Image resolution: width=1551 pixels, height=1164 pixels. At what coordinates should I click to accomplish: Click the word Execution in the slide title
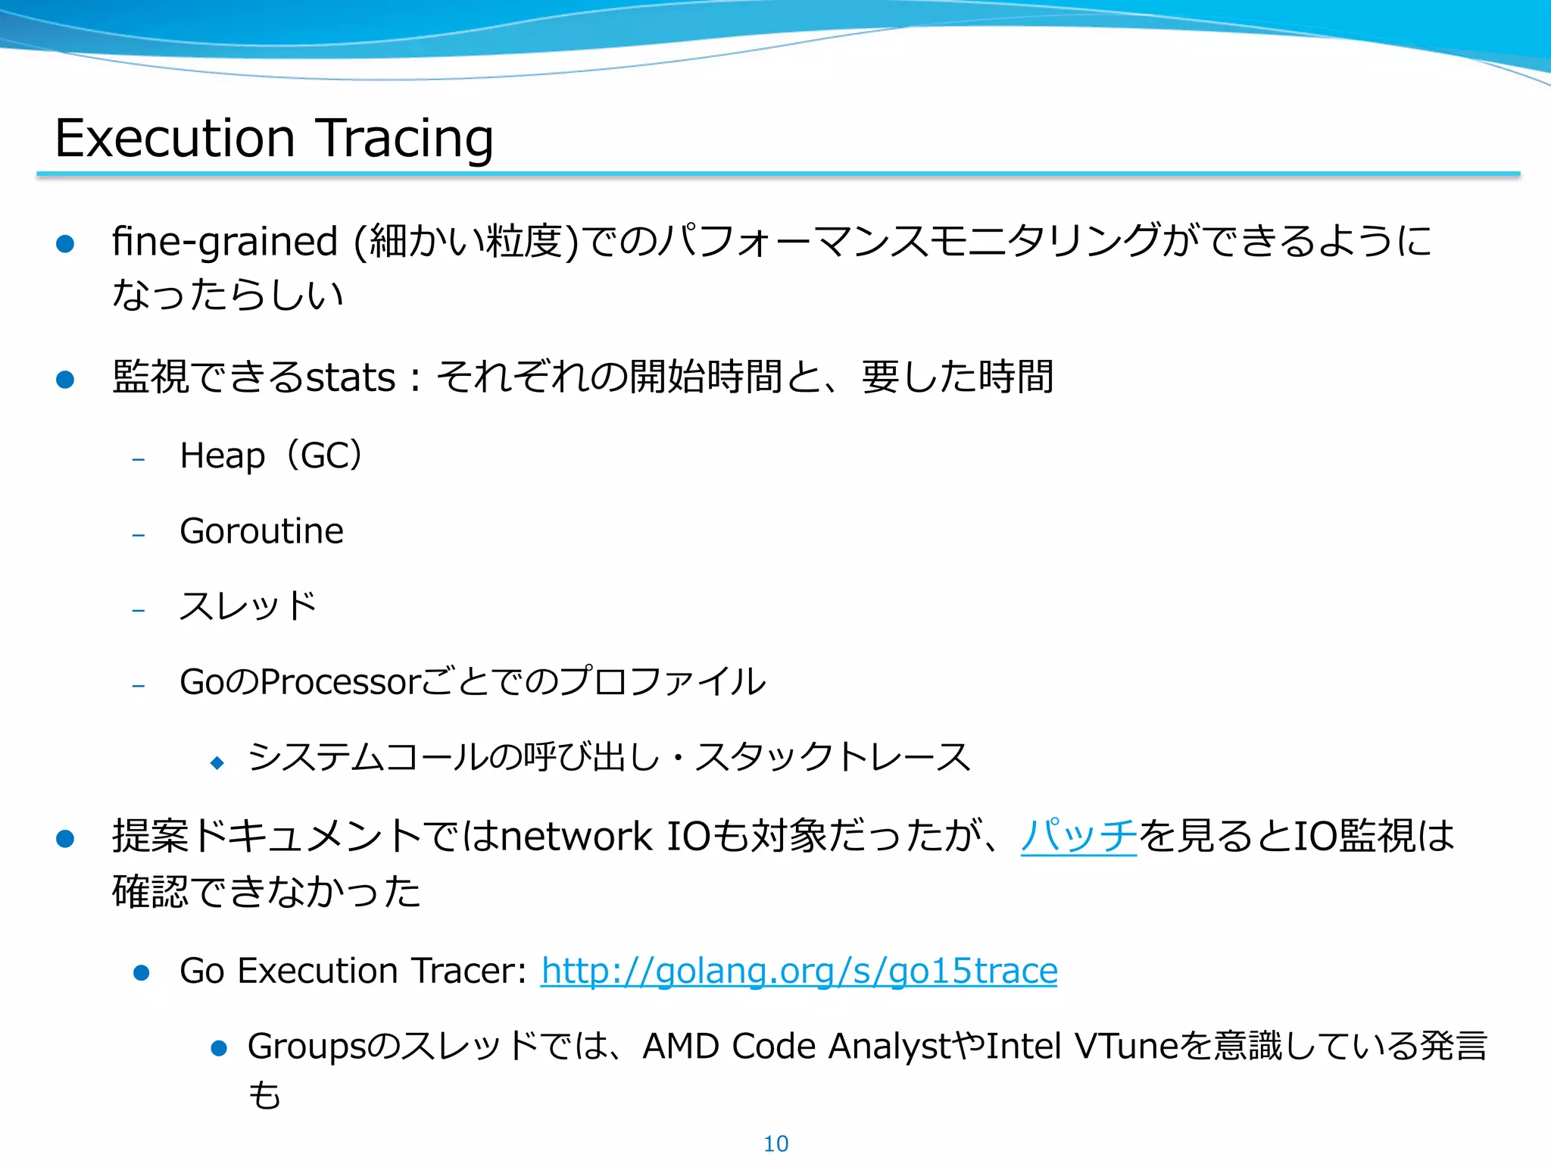tap(175, 139)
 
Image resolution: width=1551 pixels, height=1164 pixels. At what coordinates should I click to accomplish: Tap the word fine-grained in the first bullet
tap(224, 242)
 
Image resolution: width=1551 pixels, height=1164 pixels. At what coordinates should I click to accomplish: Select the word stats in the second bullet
tap(350, 377)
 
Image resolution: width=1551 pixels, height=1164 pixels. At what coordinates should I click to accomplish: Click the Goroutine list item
tap(261, 530)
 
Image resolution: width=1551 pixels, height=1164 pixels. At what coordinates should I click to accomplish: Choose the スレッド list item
tap(248, 606)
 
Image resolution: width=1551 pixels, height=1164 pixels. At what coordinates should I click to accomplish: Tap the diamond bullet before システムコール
tap(218, 762)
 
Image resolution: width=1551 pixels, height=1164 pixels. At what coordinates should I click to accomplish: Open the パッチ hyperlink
tap(1078, 836)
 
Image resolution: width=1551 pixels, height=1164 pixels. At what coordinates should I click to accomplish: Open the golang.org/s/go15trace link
tap(799, 971)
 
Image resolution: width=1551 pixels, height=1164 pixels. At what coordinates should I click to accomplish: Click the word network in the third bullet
tap(576, 836)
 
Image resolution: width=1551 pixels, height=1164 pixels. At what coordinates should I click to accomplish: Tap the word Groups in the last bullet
tap(307, 1047)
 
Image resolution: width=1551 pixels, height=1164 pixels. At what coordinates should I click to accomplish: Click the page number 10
tap(775, 1144)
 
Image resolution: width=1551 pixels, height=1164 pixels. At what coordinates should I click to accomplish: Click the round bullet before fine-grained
tap(65, 243)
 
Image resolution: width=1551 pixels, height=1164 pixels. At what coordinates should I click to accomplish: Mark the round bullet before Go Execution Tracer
tap(141, 972)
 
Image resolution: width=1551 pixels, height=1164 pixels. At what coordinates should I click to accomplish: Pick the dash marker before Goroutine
tap(138, 535)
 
